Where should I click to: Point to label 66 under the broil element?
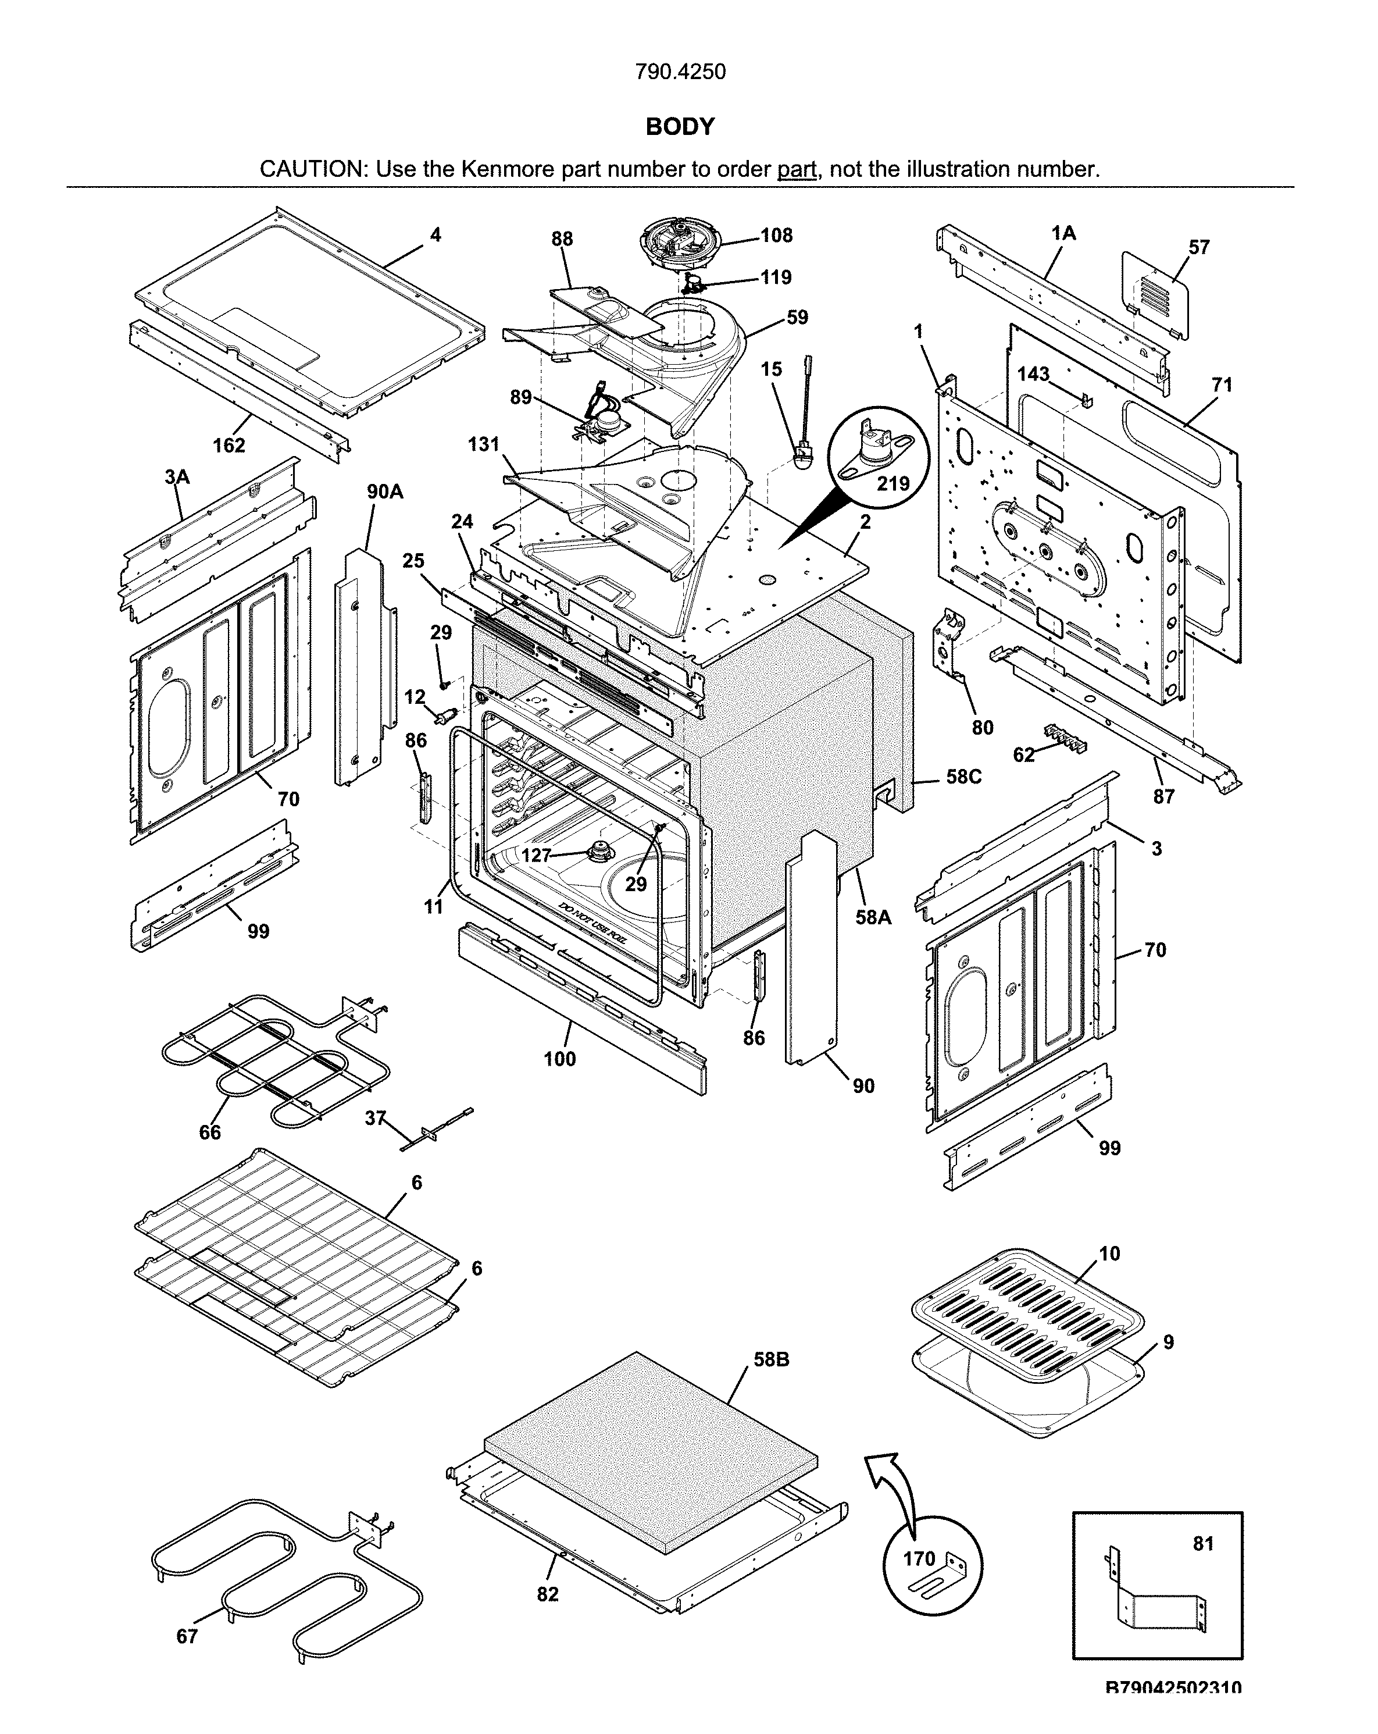210,1133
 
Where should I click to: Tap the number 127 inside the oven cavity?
536,855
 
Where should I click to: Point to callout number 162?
229,445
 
